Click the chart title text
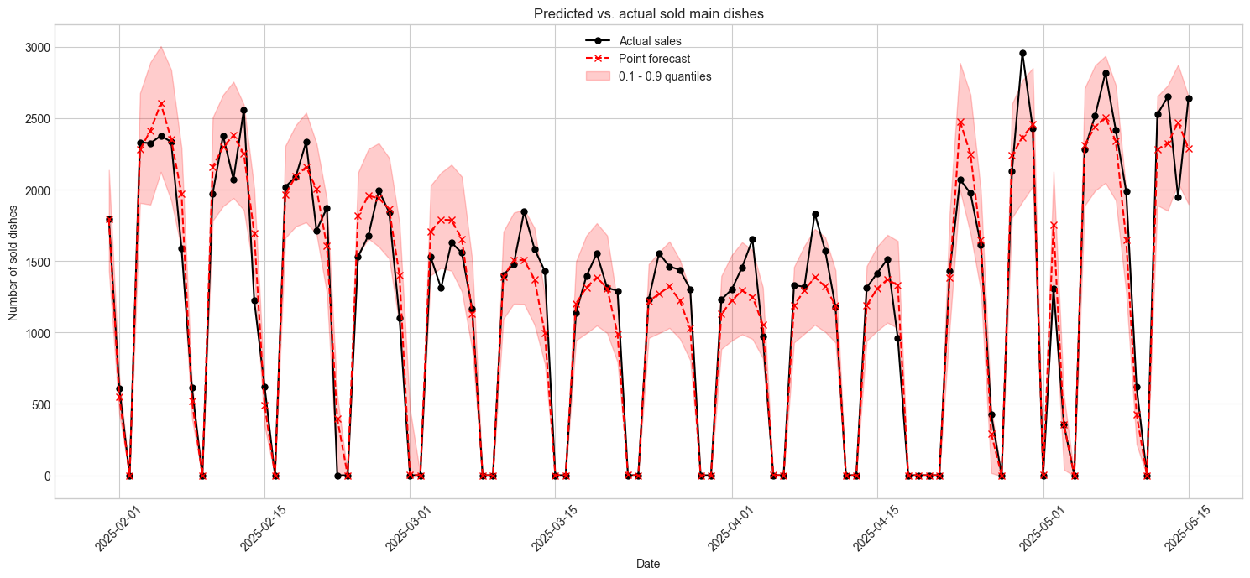coord(648,13)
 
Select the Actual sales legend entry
coord(650,40)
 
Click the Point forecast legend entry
coord(654,59)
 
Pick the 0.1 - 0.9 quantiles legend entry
coord(665,76)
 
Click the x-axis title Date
coord(648,565)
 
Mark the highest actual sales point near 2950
coord(1022,53)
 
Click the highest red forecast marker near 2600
coord(161,103)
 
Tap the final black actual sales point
coord(1189,98)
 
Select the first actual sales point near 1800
coord(109,219)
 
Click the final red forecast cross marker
coord(1189,148)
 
